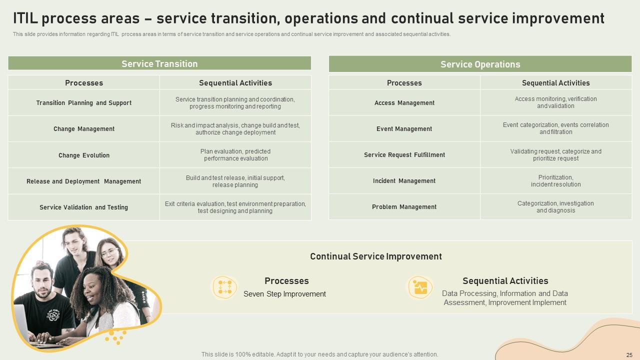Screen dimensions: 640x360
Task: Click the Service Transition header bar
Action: pos(159,63)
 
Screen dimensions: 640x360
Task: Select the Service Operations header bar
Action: pos(480,64)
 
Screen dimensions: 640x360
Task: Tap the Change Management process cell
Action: pos(83,129)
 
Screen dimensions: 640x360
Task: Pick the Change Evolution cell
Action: pos(83,155)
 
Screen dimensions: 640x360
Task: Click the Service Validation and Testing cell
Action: pos(83,207)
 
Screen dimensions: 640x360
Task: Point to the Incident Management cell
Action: pos(404,181)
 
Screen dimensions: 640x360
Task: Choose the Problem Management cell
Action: pos(404,207)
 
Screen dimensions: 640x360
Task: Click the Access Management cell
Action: pos(404,102)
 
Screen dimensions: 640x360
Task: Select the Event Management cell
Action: pos(404,129)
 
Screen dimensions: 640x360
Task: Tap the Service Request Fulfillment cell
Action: pos(404,155)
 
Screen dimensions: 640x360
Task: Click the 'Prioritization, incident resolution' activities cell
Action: pos(555,181)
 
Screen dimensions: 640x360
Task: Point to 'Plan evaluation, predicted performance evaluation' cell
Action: pos(235,155)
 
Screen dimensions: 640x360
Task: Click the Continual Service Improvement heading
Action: pos(376,256)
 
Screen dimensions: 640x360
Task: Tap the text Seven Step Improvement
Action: pos(284,294)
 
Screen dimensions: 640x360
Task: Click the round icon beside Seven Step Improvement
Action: pos(225,287)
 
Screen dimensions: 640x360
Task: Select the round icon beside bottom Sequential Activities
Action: pos(420,287)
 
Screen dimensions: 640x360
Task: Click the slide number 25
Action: pos(629,355)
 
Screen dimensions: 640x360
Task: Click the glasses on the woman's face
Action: pos(109,252)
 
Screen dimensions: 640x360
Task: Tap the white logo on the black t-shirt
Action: pos(53,315)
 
